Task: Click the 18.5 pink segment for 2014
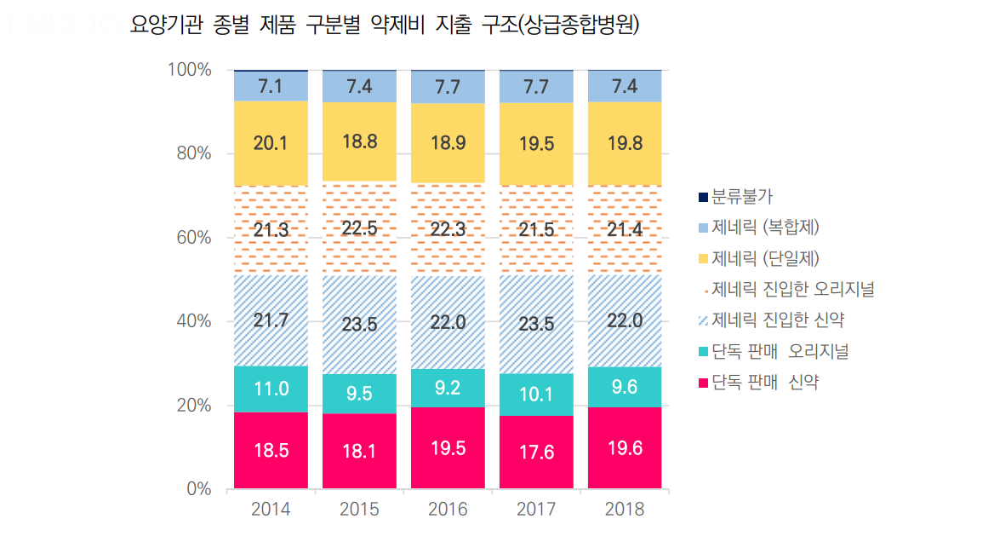(271, 450)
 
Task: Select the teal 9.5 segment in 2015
(360, 393)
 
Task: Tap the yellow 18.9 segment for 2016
(448, 142)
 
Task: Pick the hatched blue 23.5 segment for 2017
(537, 324)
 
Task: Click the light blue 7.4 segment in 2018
(625, 86)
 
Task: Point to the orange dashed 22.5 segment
(360, 228)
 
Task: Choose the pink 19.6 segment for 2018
(625, 447)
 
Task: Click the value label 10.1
(537, 394)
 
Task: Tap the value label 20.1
(271, 143)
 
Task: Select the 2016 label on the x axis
(448, 510)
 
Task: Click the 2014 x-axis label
(271, 510)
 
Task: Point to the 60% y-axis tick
(193, 237)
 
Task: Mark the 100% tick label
(189, 70)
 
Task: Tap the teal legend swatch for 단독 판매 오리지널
(703, 351)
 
